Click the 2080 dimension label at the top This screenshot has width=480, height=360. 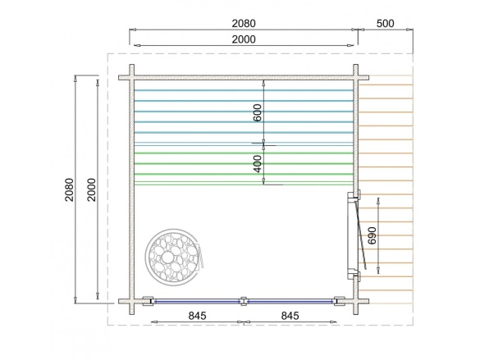(244, 23)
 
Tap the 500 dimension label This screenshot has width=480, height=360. (385, 23)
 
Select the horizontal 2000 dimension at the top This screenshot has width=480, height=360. (244, 39)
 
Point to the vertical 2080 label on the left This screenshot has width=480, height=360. (70, 189)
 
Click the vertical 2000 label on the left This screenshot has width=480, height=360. (92, 189)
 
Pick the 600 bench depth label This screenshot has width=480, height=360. (258, 112)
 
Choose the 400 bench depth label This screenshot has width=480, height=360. (258, 164)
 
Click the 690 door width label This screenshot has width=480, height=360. (372, 235)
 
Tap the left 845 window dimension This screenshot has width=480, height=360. (198, 316)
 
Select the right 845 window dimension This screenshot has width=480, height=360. (290, 316)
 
